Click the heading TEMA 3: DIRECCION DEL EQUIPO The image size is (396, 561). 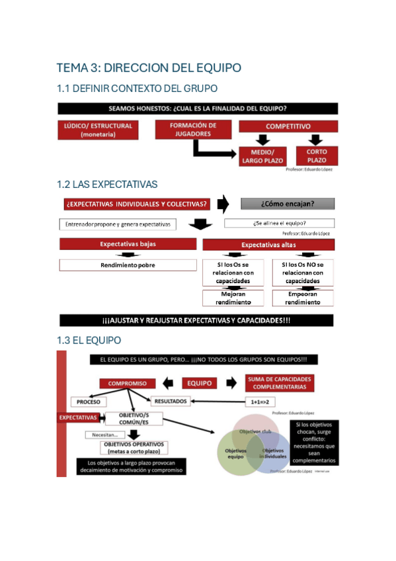[149, 67]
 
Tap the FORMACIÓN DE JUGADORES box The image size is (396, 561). [192, 129]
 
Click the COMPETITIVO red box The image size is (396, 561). [288, 126]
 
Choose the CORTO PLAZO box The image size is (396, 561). [317, 156]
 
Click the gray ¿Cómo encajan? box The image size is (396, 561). [287, 204]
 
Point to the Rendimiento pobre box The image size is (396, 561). [119, 265]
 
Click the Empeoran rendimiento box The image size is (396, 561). [302, 298]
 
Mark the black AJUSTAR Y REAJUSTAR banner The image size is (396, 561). [196, 321]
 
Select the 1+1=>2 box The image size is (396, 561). [261, 401]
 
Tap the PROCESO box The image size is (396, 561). [88, 402]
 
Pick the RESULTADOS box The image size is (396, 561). [171, 401]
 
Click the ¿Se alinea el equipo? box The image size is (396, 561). [279, 224]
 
